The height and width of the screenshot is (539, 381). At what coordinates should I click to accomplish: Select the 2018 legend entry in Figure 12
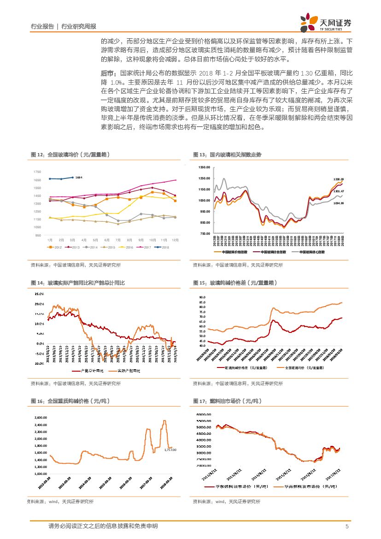click(x=162, y=248)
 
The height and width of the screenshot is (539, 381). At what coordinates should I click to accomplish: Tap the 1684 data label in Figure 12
click(x=78, y=178)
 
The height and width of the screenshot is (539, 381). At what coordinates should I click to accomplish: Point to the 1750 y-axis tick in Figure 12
click(x=37, y=172)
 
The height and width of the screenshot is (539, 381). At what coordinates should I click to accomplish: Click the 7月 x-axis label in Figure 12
click(x=118, y=240)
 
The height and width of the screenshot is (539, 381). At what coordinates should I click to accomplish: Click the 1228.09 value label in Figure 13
click(x=338, y=179)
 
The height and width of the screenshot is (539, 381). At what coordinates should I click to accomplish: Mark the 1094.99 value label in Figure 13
click(x=338, y=203)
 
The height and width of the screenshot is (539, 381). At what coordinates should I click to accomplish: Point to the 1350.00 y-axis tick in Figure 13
click(x=204, y=167)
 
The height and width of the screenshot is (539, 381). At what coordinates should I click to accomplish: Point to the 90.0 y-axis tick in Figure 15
click(x=202, y=297)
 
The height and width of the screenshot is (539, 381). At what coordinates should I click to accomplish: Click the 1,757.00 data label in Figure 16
click(x=170, y=449)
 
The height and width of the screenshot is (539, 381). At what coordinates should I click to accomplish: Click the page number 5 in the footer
click(x=346, y=527)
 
